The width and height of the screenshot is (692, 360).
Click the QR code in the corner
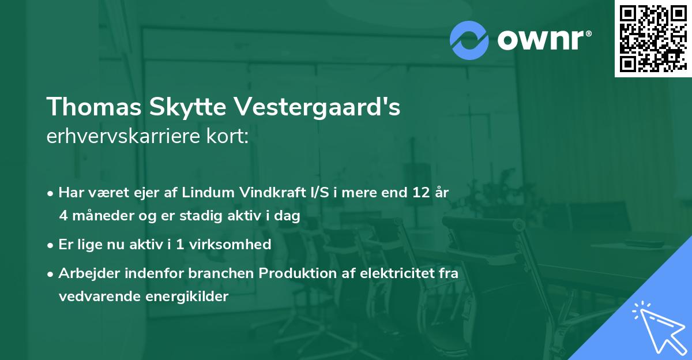(652, 39)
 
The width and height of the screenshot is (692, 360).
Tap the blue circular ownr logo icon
(469, 39)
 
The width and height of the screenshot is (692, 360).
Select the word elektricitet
(397, 273)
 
